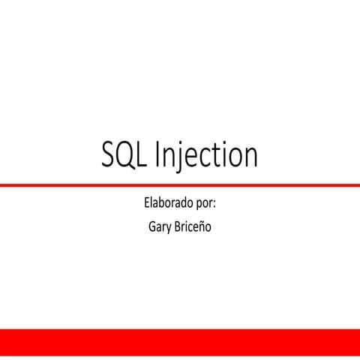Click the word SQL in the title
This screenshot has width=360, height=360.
124,155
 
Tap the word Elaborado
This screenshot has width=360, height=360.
166,204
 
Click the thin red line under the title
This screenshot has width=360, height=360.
180,184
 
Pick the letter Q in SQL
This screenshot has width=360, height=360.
125,156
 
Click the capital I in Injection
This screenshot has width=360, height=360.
158,154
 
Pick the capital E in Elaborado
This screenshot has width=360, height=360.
145,204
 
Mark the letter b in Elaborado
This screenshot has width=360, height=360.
161,204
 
